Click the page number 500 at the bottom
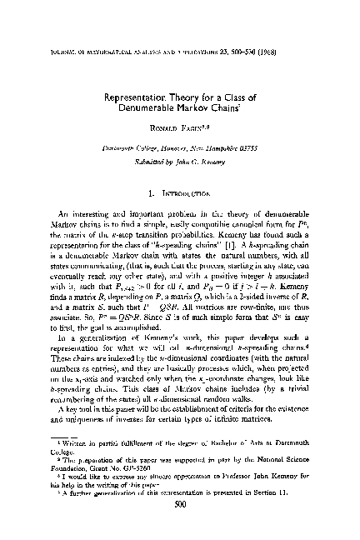coord(179,527)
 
